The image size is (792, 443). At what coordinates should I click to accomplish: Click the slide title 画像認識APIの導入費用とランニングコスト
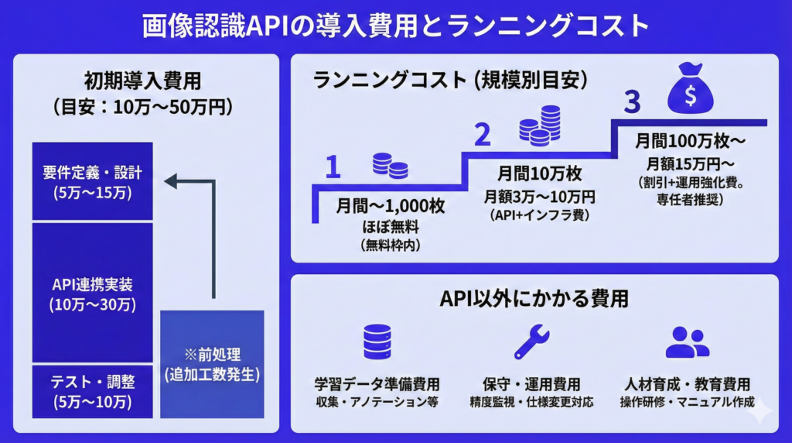click(x=395, y=25)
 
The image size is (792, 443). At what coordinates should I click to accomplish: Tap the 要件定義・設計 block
click(x=93, y=181)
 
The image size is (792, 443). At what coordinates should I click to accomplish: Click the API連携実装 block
click(x=93, y=293)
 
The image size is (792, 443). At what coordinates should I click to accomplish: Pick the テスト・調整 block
click(x=93, y=391)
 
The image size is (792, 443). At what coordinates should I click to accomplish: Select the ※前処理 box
click(x=213, y=365)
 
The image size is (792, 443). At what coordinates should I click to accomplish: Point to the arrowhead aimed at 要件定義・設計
click(x=172, y=181)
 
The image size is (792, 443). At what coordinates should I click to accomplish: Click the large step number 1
click(x=333, y=167)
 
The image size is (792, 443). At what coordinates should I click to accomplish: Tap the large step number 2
click(x=482, y=135)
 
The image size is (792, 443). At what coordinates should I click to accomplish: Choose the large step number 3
click(x=632, y=101)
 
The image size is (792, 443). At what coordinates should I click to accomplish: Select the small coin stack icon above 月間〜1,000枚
click(x=390, y=166)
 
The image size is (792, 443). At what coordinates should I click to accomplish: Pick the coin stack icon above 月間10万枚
click(x=540, y=125)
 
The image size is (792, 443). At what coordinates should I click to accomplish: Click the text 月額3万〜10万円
click(x=539, y=197)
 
